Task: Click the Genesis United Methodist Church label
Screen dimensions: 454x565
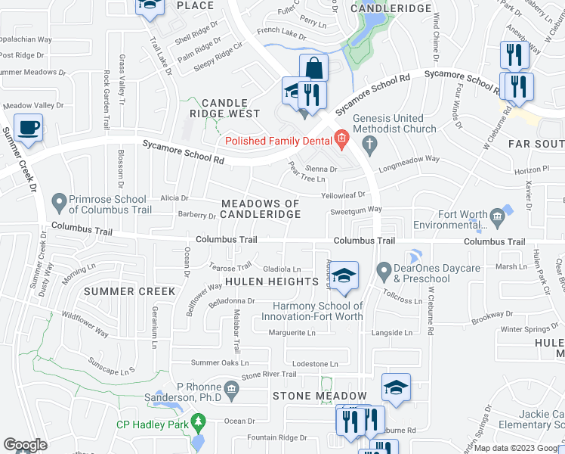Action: click(395, 123)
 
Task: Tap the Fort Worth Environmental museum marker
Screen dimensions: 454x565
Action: click(497, 218)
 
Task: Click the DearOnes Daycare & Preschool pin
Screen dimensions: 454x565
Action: click(384, 269)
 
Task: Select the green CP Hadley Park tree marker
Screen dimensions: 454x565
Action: click(199, 420)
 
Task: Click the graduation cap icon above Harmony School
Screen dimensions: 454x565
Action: click(343, 276)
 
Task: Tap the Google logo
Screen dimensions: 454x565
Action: click(26, 445)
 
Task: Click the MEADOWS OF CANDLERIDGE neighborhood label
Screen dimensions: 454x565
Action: click(261, 209)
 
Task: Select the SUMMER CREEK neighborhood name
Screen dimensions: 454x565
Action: click(129, 291)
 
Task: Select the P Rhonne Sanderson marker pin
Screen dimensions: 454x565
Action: click(232, 389)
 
